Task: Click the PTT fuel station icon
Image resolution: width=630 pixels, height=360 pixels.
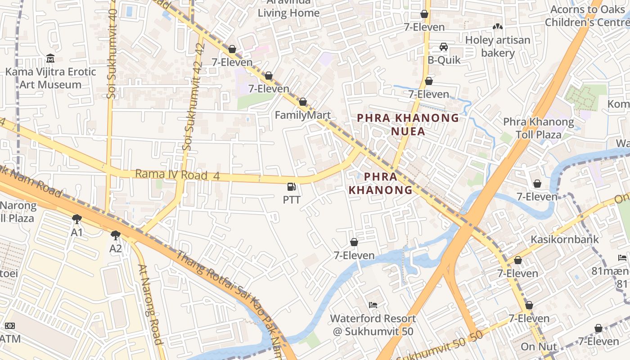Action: pos(292,187)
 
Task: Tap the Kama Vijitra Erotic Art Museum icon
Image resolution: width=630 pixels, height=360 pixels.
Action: pos(50,58)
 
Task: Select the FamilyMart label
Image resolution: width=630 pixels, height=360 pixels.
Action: pos(302,115)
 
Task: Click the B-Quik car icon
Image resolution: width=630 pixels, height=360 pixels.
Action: pos(444,47)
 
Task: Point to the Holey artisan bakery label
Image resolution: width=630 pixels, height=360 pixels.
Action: pos(498,46)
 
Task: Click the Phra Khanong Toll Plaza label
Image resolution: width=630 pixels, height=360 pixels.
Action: pos(538,128)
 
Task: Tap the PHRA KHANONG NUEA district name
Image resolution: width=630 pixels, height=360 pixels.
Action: pos(408,125)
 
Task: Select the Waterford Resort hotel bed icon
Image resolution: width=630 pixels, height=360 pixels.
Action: pos(373,305)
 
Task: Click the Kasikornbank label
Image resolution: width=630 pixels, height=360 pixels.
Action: pos(565,239)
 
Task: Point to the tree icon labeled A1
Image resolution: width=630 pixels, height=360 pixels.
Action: pos(77,219)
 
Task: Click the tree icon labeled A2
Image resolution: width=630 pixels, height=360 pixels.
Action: pos(116,235)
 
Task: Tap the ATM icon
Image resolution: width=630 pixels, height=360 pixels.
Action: pos(10,326)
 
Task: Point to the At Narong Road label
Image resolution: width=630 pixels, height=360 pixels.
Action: pos(150,304)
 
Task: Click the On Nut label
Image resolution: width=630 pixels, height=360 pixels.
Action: pos(539,347)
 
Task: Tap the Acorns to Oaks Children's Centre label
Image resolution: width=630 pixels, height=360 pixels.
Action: pos(587,16)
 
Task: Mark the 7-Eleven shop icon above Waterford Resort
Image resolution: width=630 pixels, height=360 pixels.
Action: pos(354,242)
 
